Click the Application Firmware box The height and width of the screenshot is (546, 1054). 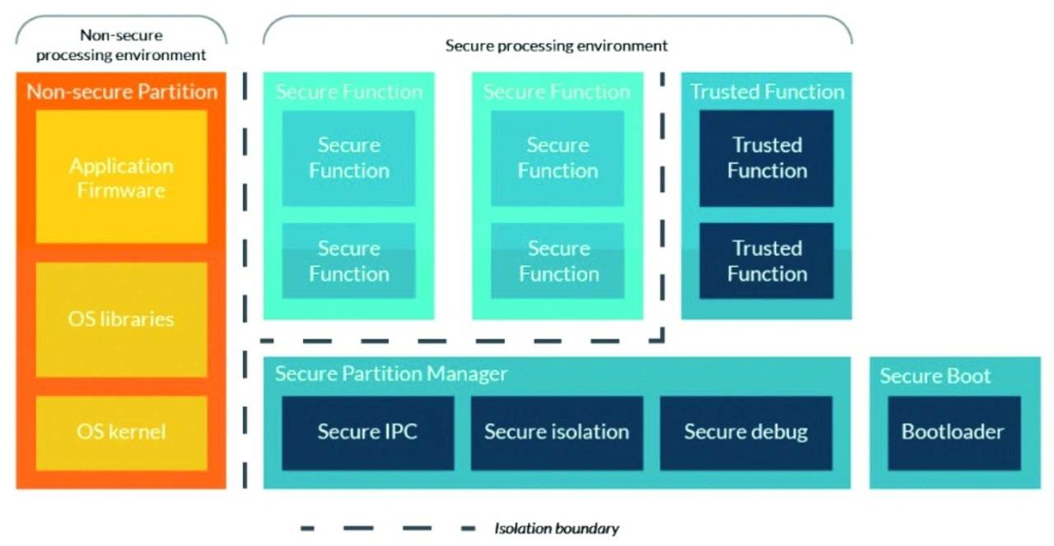click(121, 176)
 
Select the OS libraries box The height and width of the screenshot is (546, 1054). click(121, 320)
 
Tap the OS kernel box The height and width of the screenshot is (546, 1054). click(121, 432)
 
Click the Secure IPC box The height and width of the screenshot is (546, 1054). click(368, 432)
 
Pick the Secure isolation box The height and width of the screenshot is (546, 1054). click(557, 432)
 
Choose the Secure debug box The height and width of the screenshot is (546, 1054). click(746, 432)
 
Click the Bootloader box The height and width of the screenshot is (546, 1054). click(954, 432)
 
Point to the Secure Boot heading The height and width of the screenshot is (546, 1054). click(935, 376)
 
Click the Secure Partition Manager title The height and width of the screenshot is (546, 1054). click(391, 374)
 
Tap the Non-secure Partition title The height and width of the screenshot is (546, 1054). click(122, 91)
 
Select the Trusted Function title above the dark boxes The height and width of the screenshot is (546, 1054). click(767, 91)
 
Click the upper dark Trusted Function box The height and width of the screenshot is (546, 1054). click(767, 158)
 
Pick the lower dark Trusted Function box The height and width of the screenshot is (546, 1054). click(767, 261)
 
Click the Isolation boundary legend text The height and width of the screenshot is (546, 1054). click(557, 529)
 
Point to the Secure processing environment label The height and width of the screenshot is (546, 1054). click(557, 45)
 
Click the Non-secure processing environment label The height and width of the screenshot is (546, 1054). click(121, 45)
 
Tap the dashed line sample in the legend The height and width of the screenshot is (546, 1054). click(388, 529)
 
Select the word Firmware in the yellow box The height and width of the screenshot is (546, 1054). click(121, 190)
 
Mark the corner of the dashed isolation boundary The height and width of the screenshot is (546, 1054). click(662, 340)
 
